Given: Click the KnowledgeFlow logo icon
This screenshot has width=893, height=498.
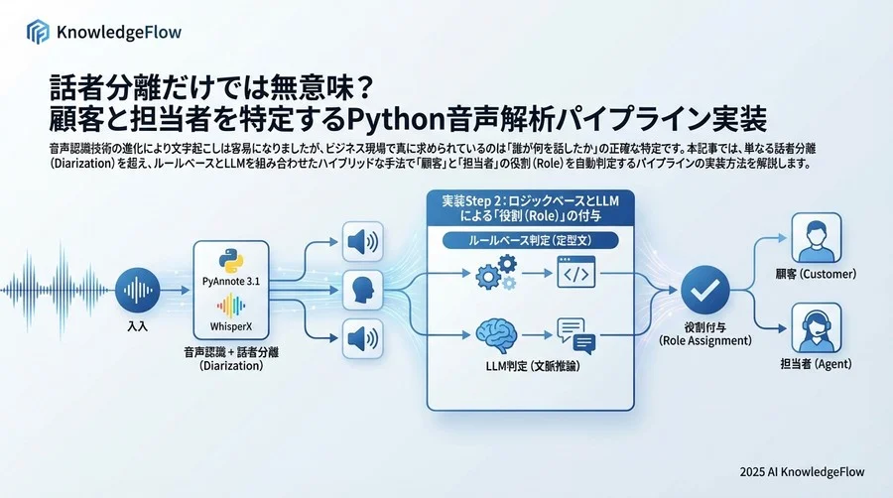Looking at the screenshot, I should pyautogui.click(x=38, y=32).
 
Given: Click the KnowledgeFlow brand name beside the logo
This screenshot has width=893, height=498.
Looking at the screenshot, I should pyautogui.click(x=118, y=32).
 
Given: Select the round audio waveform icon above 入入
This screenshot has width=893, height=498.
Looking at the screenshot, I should pyautogui.click(x=138, y=291).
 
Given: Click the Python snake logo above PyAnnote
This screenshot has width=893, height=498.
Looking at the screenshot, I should pyautogui.click(x=233, y=261).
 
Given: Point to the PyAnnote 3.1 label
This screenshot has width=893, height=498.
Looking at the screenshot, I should pyautogui.click(x=233, y=284).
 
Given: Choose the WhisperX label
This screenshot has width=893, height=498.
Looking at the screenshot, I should pyautogui.click(x=233, y=326).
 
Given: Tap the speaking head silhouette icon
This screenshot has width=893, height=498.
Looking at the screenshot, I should pyautogui.click(x=361, y=291).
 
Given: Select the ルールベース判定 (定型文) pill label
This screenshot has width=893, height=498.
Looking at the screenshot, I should pyautogui.click(x=529, y=240).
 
